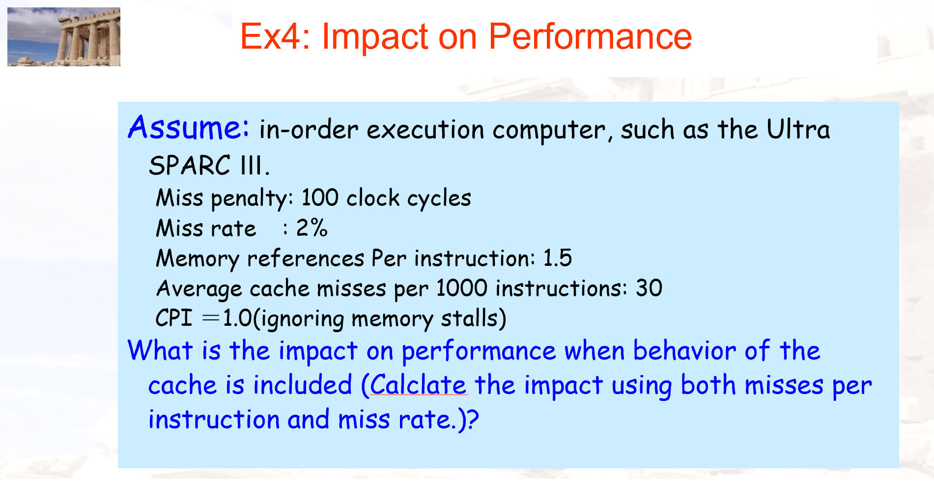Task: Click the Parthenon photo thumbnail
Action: click(64, 37)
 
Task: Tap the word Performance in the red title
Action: click(590, 37)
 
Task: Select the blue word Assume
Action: click(188, 128)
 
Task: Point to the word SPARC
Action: click(190, 165)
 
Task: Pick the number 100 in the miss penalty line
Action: click(320, 198)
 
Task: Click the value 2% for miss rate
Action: click(311, 228)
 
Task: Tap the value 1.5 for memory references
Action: click(557, 258)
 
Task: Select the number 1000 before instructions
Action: click(462, 288)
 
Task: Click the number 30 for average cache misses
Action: click(649, 288)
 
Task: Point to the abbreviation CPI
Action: click(173, 318)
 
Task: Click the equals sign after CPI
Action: click(211, 318)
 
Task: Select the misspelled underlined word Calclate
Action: click(418, 385)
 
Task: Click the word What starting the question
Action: click(160, 351)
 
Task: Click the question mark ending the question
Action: click(473, 420)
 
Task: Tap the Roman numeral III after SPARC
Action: click(252, 165)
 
